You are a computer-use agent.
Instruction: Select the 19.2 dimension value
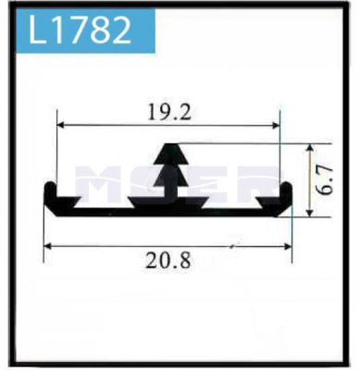(168, 112)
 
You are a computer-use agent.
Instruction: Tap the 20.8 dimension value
(168, 261)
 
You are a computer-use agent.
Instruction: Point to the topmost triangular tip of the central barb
(168, 149)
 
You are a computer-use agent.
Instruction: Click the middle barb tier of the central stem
(168, 173)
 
